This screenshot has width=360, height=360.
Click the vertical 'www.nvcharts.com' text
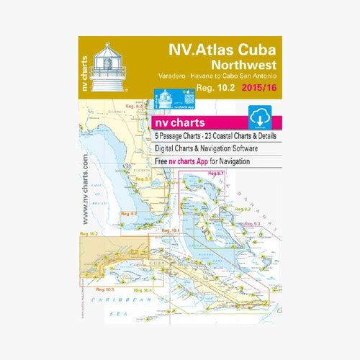86,186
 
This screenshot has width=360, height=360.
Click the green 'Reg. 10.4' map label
142,290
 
